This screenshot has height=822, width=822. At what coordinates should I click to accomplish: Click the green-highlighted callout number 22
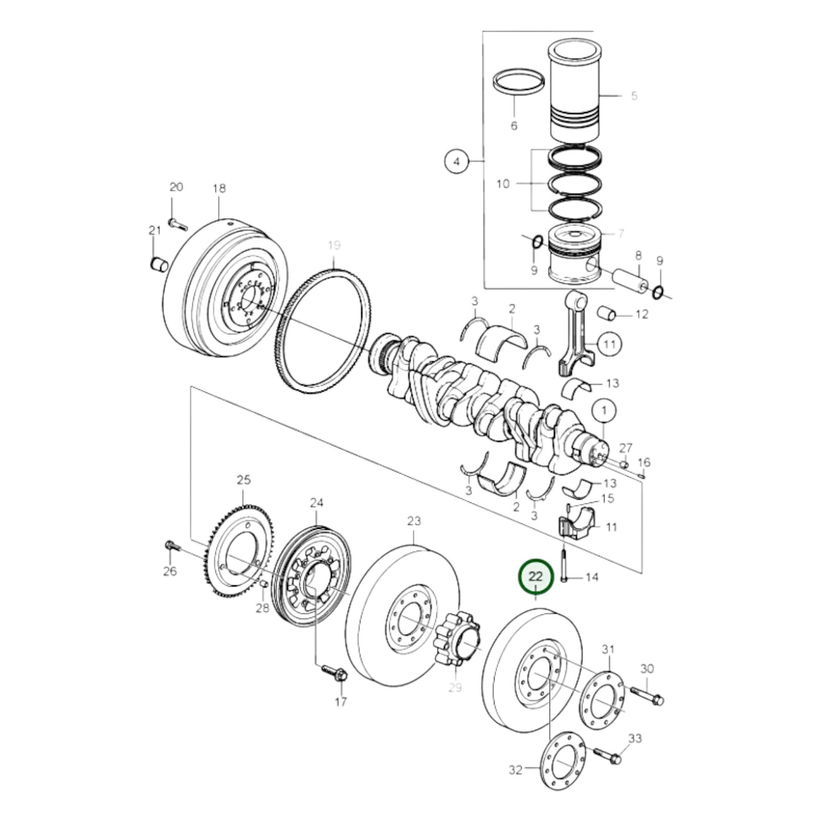tap(535, 577)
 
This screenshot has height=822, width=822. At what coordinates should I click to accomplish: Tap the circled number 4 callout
tap(456, 162)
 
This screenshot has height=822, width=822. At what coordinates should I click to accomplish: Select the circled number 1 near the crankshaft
tap(604, 409)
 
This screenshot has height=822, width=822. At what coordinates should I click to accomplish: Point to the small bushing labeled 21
tap(159, 264)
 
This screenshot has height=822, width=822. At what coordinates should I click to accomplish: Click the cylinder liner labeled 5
tap(575, 91)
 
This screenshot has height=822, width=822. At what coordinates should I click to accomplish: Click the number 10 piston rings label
tap(503, 184)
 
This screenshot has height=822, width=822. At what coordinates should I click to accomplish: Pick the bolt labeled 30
tap(646, 695)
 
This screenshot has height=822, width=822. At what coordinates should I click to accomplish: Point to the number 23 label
tap(414, 521)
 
